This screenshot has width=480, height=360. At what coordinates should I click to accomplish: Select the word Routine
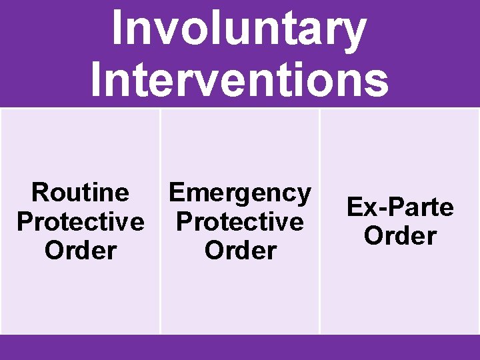pyautogui.click(x=80, y=193)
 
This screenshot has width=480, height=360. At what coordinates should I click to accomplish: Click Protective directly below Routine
pyautogui.click(x=80, y=221)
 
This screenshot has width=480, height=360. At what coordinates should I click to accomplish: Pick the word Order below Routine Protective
pyautogui.click(x=80, y=251)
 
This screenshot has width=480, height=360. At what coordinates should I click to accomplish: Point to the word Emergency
pyautogui.click(x=240, y=193)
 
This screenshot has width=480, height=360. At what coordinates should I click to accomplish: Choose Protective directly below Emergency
pyautogui.click(x=240, y=221)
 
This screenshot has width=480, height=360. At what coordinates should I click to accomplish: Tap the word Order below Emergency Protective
pyautogui.click(x=240, y=251)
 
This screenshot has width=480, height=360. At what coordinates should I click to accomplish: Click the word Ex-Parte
pyautogui.click(x=400, y=207)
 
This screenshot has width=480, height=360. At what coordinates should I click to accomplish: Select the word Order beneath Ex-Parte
pyautogui.click(x=400, y=236)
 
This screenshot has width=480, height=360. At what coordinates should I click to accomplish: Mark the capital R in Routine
pyautogui.click(x=40, y=193)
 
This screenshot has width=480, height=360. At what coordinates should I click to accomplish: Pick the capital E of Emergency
pyautogui.click(x=177, y=193)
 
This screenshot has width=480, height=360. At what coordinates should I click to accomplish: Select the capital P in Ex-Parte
pyautogui.click(x=391, y=207)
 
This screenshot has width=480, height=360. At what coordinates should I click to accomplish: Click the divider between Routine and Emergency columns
pyautogui.click(x=160, y=220)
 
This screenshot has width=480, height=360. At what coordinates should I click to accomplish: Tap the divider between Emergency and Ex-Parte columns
pyautogui.click(x=320, y=220)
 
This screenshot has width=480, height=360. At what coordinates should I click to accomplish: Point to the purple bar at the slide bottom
pyautogui.click(x=240, y=347)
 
